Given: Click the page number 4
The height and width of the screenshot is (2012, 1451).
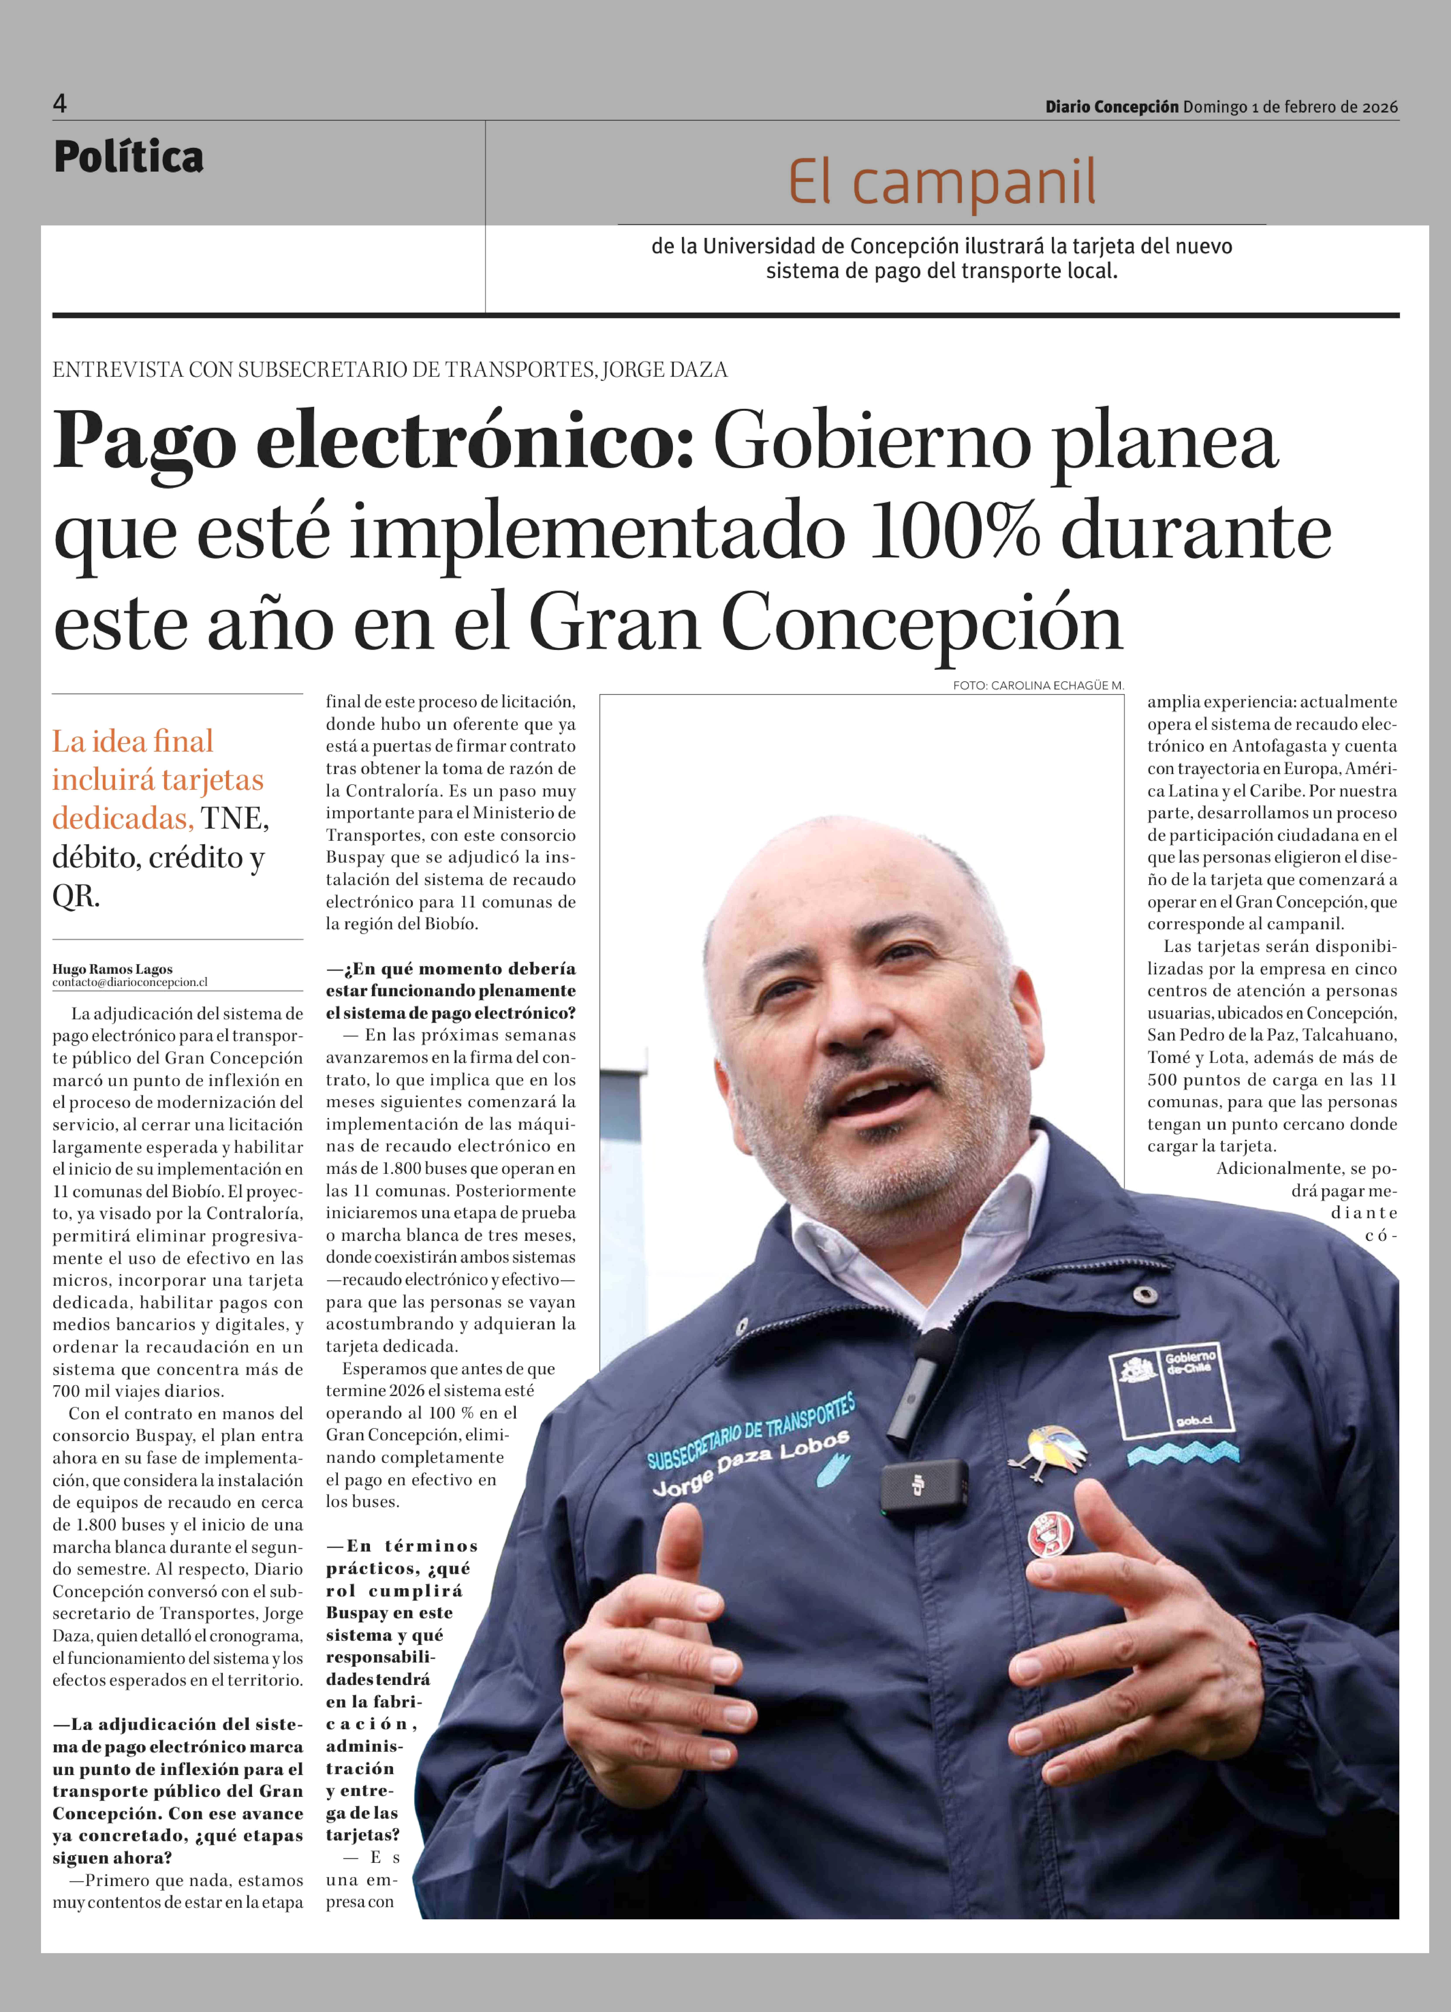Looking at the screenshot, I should (60, 104).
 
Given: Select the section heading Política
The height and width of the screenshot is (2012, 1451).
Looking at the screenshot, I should (129, 157).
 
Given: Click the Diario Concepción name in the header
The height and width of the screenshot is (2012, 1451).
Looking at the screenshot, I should (1111, 107).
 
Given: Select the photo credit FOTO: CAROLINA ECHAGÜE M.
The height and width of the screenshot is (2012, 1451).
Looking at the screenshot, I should (1038, 686).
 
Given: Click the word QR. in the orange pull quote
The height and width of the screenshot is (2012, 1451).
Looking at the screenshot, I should (75, 896).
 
